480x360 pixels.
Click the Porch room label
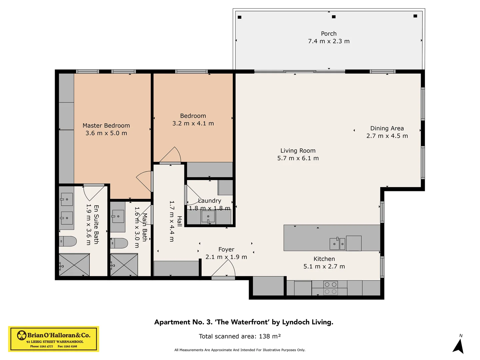tap(329, 34)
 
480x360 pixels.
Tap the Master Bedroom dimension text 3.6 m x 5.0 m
tap(106, 133)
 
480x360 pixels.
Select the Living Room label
tap(298, 151)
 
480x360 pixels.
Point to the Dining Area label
tap(387, 128)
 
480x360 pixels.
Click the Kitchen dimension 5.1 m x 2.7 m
tap(324, 267)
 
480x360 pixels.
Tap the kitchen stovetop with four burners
tap(330, 288)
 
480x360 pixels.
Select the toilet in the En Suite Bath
tap(68, 241)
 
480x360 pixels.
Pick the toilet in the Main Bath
tap(119, 243)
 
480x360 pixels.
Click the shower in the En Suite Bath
tap(74, 265)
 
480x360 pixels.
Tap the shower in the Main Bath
tap(124, 265)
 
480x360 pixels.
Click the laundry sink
tap(208, 217)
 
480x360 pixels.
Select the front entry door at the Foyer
tap(223, 270)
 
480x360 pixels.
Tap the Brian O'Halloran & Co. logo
tap(54, 339)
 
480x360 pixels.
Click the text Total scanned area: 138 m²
tap(240, 336)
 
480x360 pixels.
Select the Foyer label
tap(226, 249)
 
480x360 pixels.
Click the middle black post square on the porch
tap(334, 17)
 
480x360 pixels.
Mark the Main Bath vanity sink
tap(118, 216)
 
